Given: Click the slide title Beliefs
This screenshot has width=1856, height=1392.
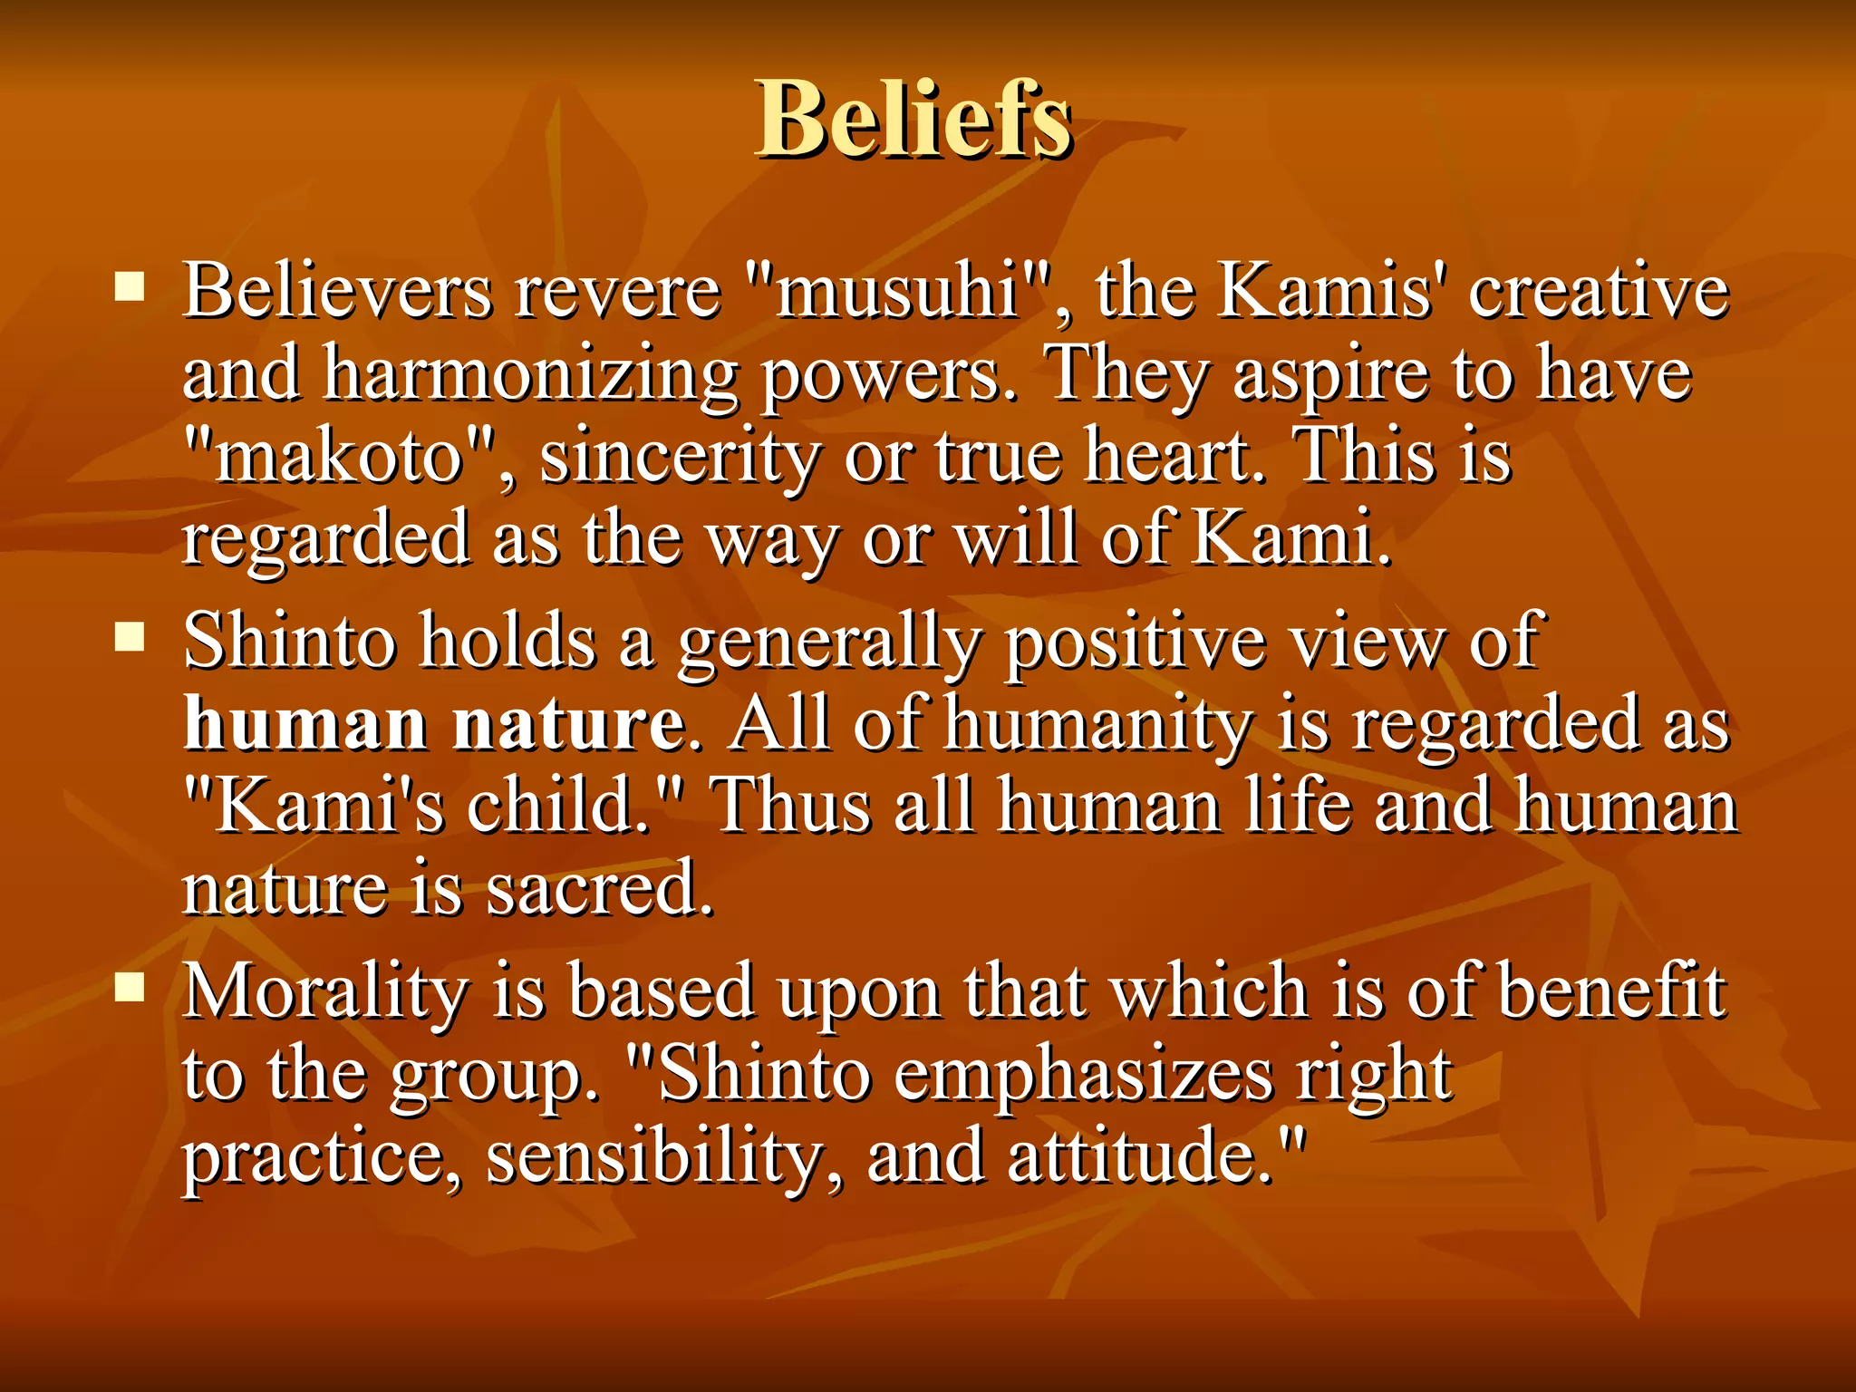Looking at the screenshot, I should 913,118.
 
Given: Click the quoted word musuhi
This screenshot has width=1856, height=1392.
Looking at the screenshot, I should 897,292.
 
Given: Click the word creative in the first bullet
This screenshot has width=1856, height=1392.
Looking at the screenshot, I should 1599,292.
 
